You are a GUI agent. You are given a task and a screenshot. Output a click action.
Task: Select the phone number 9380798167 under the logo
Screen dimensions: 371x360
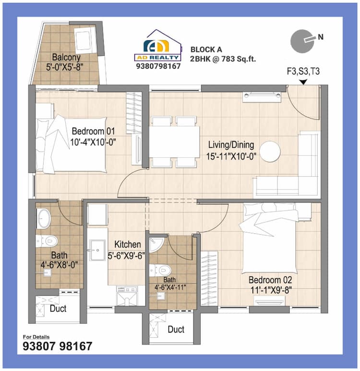(x=158, y=66)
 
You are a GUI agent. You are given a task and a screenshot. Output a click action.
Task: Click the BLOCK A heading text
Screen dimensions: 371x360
(x=206, y=49)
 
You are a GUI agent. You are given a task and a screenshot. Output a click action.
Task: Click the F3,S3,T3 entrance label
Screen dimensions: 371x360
(x=303, y=72)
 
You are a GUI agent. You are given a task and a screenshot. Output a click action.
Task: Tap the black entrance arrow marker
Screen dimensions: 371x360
(x=303, y=83)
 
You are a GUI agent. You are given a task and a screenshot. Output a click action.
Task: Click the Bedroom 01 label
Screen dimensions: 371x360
(x=94, y=132)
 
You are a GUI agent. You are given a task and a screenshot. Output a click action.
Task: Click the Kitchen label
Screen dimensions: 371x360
(x=127, y=245)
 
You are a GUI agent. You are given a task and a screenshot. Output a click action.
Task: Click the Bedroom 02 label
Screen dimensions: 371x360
(x=270, y=279)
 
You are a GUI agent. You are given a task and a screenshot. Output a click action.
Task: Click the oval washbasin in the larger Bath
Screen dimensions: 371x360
(x=43, y=218)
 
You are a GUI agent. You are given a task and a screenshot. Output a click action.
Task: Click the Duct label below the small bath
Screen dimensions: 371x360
(x=176, y=330)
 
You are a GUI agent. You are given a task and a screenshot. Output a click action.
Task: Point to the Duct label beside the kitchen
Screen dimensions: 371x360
(x=58, y=309)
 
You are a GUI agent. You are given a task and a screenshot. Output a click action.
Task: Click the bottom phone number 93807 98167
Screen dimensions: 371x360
(x=58, y=346)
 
